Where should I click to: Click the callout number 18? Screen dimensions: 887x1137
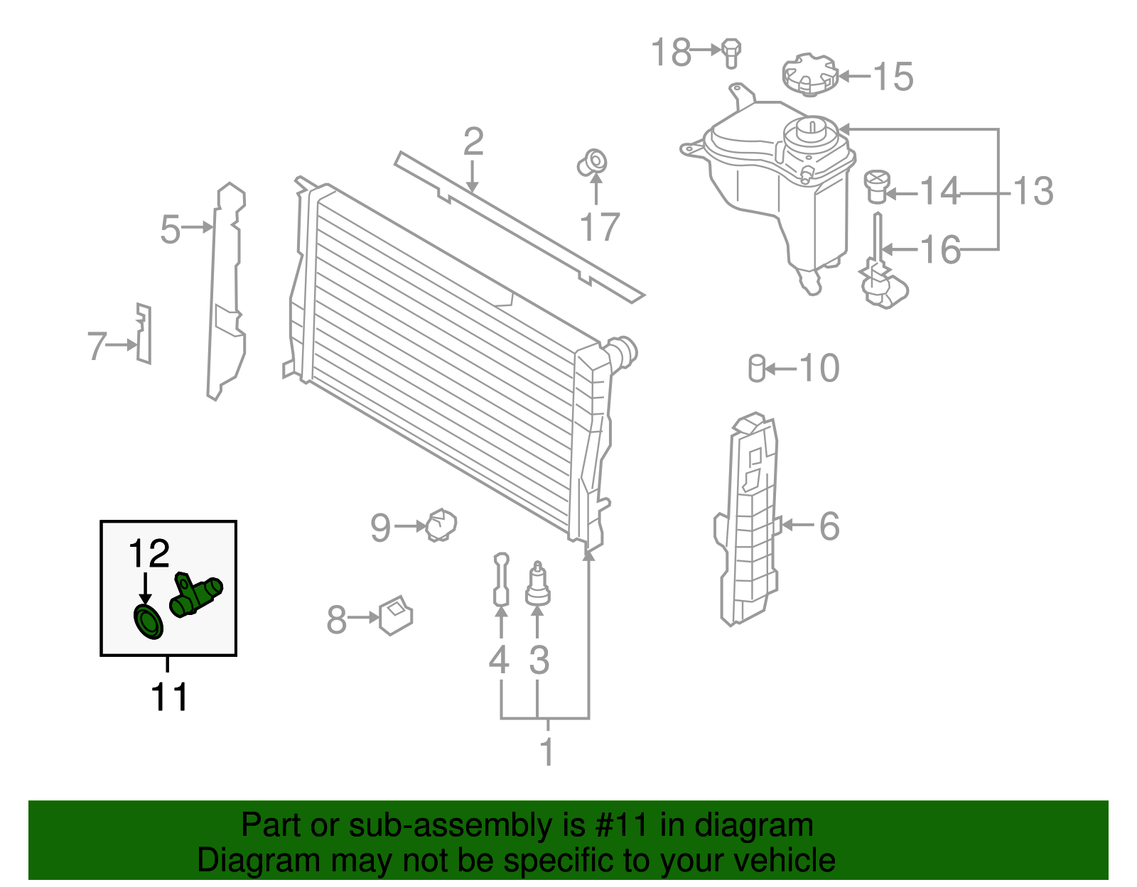[x=671, y=53]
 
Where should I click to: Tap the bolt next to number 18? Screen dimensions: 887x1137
[x=731, y=53]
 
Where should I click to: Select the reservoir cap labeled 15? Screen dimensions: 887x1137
[x=809, y=74]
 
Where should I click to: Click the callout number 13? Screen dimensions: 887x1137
[x=1032, y=191]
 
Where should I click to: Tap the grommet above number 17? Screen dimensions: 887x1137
[x=593, y=163]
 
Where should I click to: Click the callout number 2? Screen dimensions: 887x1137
[x=473, y=142]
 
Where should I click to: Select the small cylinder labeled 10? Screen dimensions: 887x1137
[x=757, y=368]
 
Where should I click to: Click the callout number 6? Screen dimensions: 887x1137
[x=829, y=526]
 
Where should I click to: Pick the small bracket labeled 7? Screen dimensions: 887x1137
[x=144, y=334]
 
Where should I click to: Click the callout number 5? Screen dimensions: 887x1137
[x=170, y=229]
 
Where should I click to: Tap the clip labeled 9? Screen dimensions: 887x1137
[x=441, y=525]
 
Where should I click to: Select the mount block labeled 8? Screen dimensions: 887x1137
[x=396, y=615]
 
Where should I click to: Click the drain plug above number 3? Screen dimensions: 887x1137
[x=538, y=585]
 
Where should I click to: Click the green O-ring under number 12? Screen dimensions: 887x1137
[x=149, y=622]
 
